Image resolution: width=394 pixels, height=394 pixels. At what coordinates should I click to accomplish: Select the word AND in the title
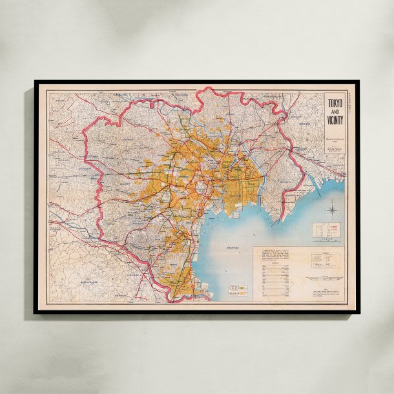(x=335, y=113)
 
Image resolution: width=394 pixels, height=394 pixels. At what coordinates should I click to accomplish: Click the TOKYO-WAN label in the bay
(x=232, y=248)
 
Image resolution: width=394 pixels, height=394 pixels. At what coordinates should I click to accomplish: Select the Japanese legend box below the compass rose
(x=326, y=229)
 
